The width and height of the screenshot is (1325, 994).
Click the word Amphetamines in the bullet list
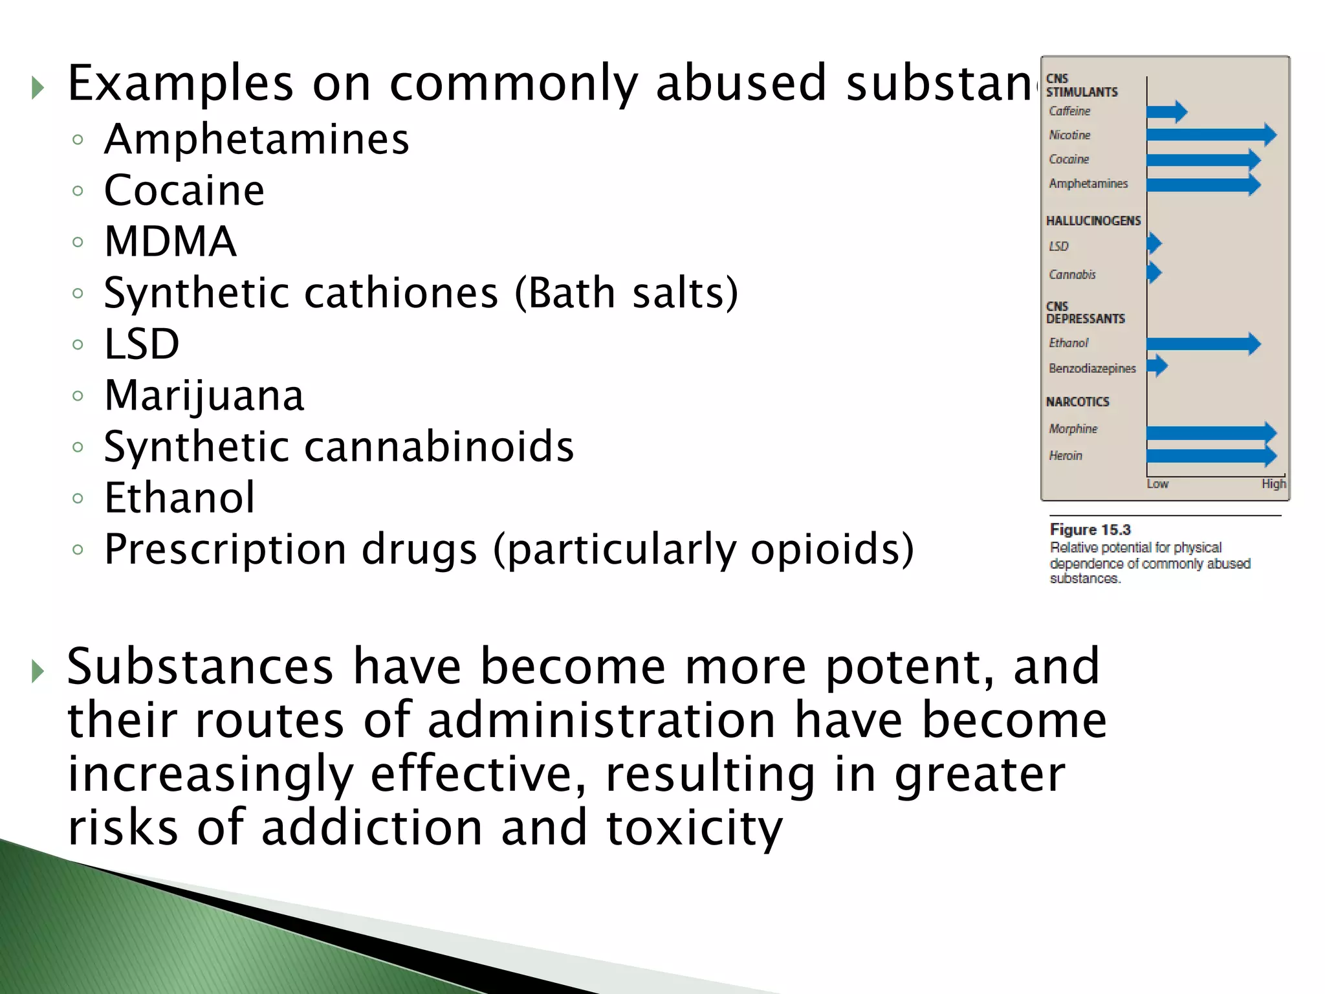tap(256, 139)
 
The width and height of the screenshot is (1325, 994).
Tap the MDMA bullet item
tap(170, 241)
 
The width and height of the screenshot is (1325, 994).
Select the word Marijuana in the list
tap(204, 395)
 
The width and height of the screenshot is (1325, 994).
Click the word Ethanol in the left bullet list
tap(180, 498)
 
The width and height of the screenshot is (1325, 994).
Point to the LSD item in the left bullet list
tap(142, 344)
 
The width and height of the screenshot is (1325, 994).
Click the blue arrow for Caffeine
tap(1166, 112)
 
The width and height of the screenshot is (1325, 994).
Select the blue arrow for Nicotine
tap(1210, 135)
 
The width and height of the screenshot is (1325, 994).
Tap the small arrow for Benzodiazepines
tap(1157, 366)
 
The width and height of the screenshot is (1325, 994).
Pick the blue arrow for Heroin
tap(1210, 456)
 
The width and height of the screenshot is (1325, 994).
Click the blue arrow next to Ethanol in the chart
tap(1203, 344)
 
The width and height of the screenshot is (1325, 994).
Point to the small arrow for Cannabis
tap(1154, 272)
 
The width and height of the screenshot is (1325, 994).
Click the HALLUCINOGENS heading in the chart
tap(1093, 221)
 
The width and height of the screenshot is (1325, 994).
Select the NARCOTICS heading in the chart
tap(1077, 402)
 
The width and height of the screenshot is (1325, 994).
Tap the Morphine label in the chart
tap(1073, 429)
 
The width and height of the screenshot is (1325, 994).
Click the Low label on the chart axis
tap(1157, 484)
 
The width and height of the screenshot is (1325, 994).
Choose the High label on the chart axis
tap(1273, 484)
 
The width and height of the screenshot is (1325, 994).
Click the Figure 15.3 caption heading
tap(1090, 530)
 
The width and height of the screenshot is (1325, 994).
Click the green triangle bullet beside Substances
tap(38, 672)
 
